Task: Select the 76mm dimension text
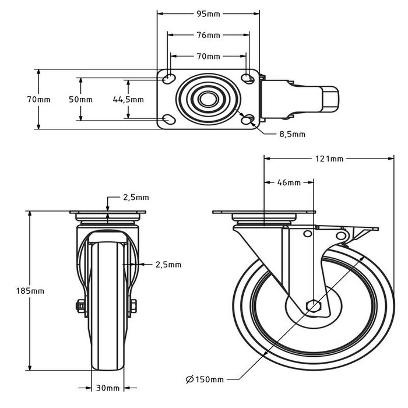[x=208, y=35]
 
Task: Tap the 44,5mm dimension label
[x=128, y=99]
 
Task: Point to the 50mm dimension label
[x=80, y=99]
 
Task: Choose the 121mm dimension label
[x=329, y=159]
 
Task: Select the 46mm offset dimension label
[x=289, y=182]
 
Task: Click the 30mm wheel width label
[x=108, y=388]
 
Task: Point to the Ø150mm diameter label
[x=205, y=380]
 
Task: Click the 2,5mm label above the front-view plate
[x=136, y=197]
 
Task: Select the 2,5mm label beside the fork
[x=168, y=264]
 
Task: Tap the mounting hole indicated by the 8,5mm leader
[x=248, y=119]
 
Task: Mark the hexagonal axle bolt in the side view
[x=312, y=305]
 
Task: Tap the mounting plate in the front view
[x=108, y=212]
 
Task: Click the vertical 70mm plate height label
[x=38, y=99]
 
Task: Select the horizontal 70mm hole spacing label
[x=208, y=57]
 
